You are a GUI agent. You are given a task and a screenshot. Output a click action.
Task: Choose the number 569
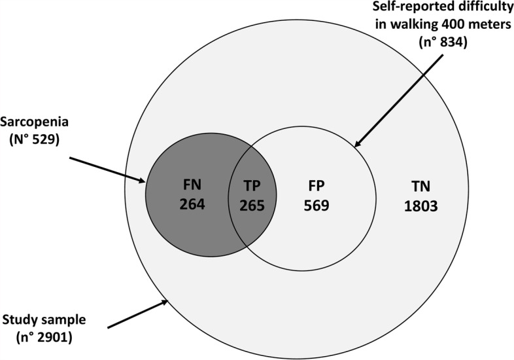pos(315,206)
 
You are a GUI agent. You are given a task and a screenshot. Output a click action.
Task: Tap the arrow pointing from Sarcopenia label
pos(108,166)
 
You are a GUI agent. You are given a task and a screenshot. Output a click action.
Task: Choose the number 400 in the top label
pos(448,26)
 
